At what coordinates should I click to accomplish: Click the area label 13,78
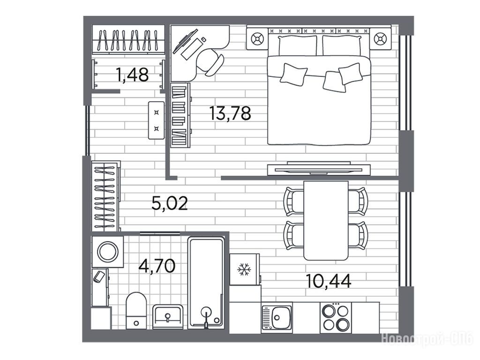pos(230,113)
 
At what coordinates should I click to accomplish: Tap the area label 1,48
pos(132,75)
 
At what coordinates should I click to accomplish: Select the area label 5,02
pos(170,203)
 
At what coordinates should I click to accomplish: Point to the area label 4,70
pos(157,266)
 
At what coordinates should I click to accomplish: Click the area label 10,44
pos(329,281)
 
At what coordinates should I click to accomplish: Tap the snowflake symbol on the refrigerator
pos(244,270)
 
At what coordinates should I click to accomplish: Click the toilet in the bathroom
pos(136,310)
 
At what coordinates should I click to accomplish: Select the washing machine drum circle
pos(108,252)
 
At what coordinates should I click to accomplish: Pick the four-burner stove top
pos(336,317)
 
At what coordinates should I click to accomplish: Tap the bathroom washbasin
pos(168,316)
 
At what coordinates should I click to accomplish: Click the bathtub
pos(206,282)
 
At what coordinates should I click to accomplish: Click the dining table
pos(326,220)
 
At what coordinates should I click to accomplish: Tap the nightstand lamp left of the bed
pos(257,39)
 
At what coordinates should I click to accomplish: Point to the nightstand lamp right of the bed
pos(380,39)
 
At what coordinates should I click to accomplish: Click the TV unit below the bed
pos(319,169)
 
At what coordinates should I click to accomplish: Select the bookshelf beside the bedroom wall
pos(180,115)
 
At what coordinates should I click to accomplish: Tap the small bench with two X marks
pos(156,120)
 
